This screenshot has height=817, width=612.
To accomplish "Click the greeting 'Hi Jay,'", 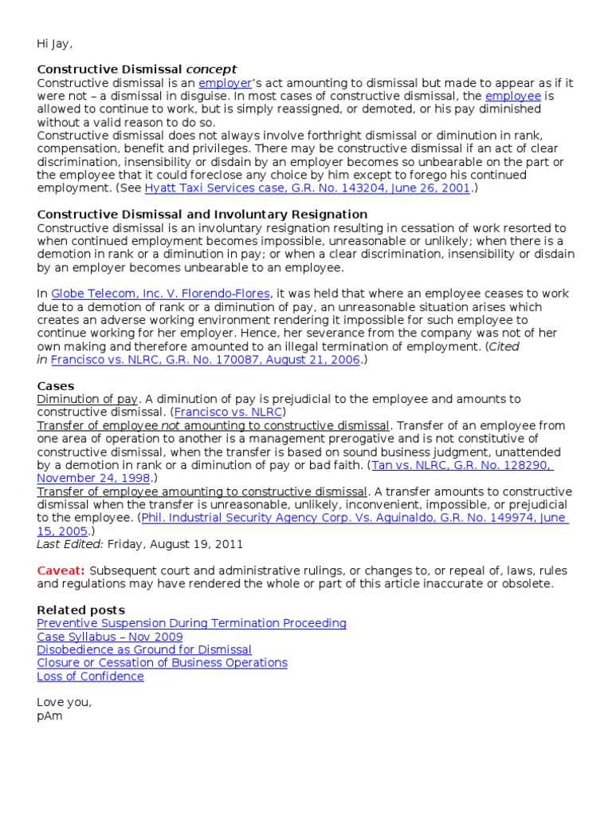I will pyautogui.click(x=59, y=43).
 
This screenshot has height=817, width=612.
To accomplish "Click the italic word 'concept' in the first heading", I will pyautogui.click(x=211, y=69).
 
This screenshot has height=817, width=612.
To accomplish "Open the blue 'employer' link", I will pyautogui.click(x=224, y=83).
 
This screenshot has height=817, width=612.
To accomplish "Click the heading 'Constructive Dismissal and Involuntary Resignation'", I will pyautogui.click(x=202, y=214).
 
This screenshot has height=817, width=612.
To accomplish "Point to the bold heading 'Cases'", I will pyautogui.click(x=55, y=385).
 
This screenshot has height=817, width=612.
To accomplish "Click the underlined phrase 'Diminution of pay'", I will pyautogui.click(x=88, y=399).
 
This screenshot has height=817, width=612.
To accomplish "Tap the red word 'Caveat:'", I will pyautogui.click(x=61, y=570).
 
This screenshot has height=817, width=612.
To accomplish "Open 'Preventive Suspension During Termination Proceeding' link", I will pyautogui.click(x=191, y=623).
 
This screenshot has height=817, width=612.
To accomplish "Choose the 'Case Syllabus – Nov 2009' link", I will pyautogui.click(x=110, y=637).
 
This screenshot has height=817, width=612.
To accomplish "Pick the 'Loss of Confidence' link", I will pyautogui.click(x=90, y=677).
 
